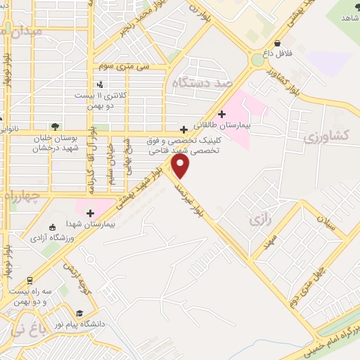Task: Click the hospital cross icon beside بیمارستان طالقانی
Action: click(222, 114)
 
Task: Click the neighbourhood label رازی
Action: click(259, 221)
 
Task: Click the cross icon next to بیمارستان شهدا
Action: click(90, 213)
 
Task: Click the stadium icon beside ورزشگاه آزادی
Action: click(52, 226)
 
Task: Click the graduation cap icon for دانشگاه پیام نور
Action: click(79, 313)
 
